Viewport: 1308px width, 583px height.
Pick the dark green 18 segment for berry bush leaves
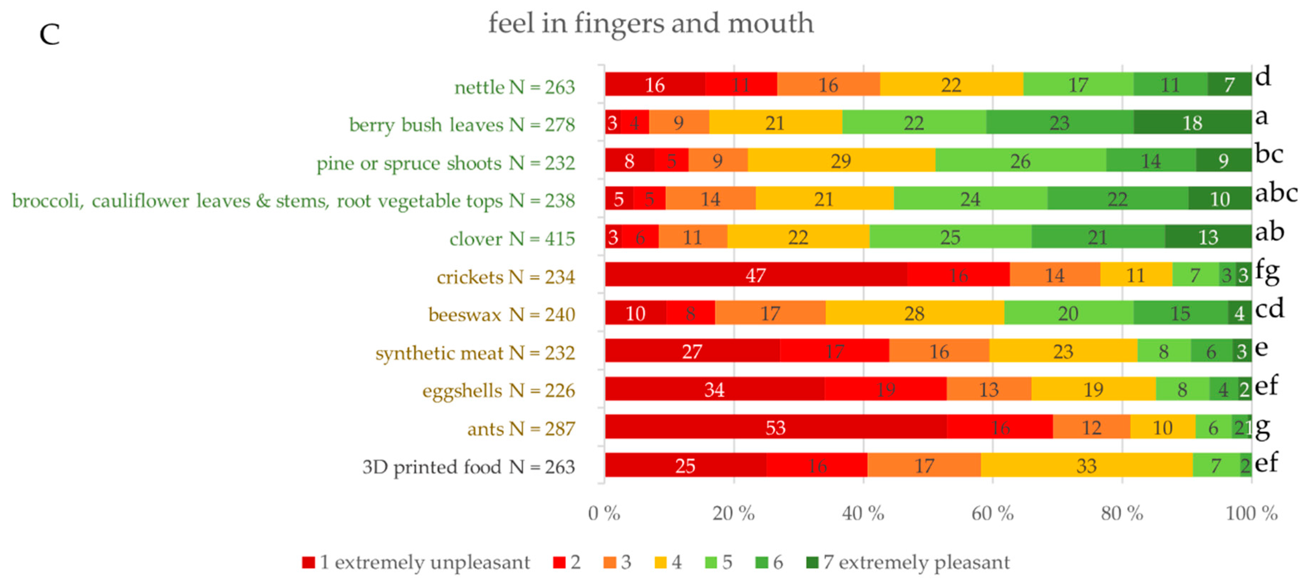[x=1192, y=122]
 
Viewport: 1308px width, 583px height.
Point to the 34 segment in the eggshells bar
[x=714, y=389]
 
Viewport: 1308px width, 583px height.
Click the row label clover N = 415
[x=512, y=238]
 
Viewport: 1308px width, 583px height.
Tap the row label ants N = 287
[x=521, y=429]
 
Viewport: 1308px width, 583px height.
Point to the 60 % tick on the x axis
[x=992, y=513]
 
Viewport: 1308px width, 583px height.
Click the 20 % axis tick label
[x=733, y=513]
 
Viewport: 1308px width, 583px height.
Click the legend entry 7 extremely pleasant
[x=908, y=562]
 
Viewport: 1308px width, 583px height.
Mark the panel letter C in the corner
[x=50, y=35]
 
